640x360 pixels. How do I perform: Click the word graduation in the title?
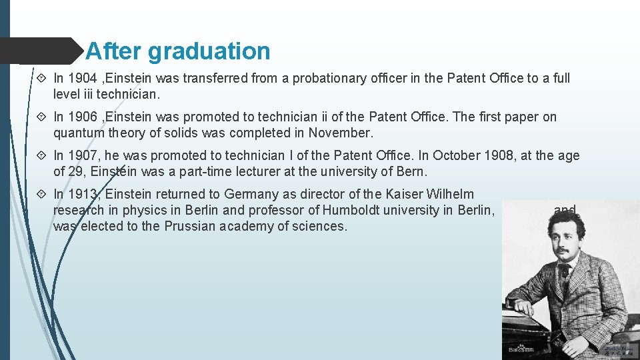[x=209, y=51]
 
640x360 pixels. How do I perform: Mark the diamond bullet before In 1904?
[x=43, y=78]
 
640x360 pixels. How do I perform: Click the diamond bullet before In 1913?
[x=43, y=194]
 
